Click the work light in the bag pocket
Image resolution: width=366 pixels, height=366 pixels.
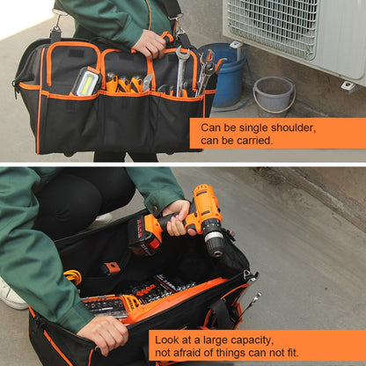tap(85, 81)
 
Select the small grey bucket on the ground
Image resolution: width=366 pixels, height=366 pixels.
tap(274, 94)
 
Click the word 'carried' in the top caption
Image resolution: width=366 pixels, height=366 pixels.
tap(260, 140)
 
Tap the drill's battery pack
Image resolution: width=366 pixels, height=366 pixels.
tap(143, 235)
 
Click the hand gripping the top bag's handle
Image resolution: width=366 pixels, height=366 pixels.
tap(150, 41)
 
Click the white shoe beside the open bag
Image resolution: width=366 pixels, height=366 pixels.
tap(11, 296)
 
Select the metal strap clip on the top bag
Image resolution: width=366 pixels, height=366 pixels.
tap(55, 33)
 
